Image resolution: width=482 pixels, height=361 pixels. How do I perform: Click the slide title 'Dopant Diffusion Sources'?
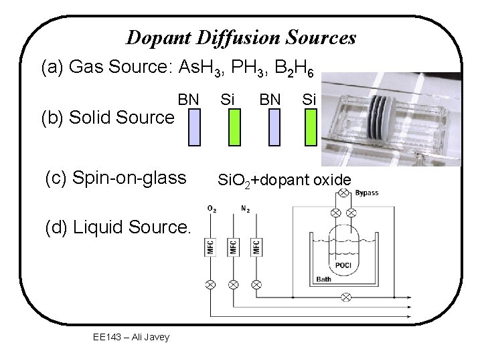coord(241,37)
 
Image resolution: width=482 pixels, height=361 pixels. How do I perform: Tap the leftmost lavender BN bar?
coord(193,127)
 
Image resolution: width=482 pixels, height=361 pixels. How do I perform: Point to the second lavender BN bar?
coord(274,127)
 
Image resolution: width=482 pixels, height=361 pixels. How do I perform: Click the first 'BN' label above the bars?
coord(189,100)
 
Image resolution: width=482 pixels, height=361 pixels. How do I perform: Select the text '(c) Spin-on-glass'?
coord(115,178)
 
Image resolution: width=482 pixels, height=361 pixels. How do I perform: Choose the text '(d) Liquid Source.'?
coord(118,229)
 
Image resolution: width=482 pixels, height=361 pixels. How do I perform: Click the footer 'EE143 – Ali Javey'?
coord(131,337)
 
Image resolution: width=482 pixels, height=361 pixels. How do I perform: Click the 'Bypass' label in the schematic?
coord(367,193)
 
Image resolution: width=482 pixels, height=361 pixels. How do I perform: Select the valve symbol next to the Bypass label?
coord(343,193)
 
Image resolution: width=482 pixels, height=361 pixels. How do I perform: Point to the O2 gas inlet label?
coord(212,209)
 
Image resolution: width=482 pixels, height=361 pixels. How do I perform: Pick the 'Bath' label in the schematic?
coord(323,279)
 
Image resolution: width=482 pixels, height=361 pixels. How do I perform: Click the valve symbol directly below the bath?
coord(345,297)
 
